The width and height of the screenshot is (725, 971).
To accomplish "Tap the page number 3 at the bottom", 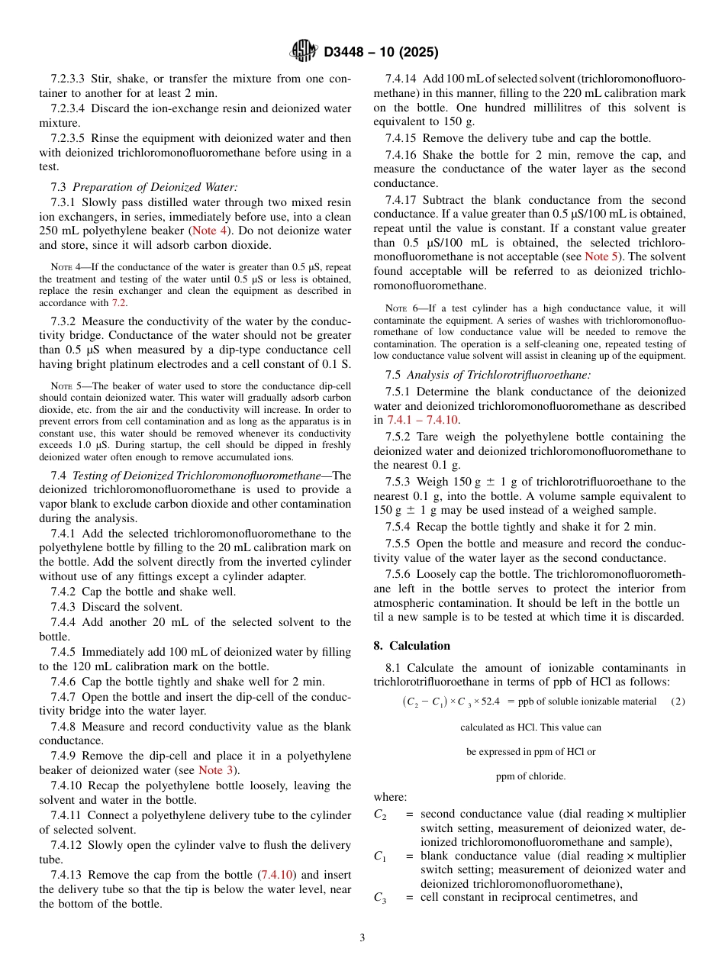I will pyautogui.click(x=362, y=937).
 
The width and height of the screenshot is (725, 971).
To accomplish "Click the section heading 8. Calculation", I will pyautogui.click(x=411, y=646).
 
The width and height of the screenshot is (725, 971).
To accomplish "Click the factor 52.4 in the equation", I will pyautogui.click(x=491, y=702).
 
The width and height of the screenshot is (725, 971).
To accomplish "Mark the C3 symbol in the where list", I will pyautogui.click(x=380, y=899).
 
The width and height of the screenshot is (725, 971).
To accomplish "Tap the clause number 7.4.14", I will pyautogui.click(x=404, y=79).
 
